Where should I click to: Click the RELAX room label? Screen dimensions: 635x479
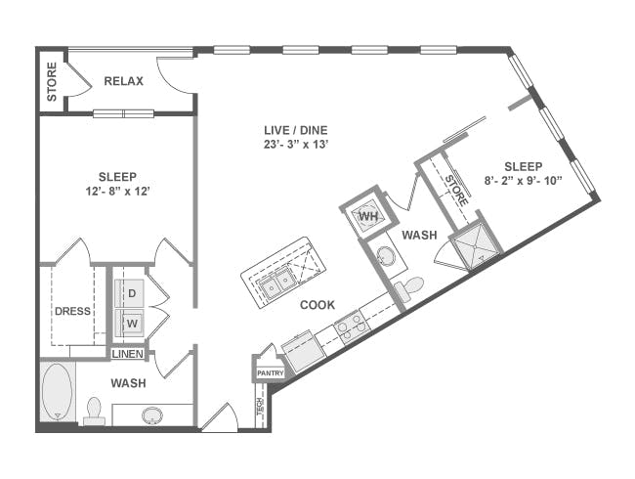coord(123,81)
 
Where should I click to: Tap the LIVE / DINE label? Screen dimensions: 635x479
coord(296,130)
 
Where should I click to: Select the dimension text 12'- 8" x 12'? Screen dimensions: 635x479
coord(118,192)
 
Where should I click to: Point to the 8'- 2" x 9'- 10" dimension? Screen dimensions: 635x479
coord(524,181)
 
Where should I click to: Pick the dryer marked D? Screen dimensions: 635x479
coord(129,293)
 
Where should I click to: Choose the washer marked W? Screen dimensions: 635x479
coord(130,323)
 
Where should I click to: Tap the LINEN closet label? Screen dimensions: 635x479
coord(128,354)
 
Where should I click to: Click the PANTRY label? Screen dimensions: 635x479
coord(270,373)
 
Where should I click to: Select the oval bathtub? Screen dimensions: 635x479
coord(57,391)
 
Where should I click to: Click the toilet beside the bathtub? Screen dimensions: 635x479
coord(94,411)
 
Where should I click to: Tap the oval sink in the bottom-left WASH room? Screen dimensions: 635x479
coord(152,415)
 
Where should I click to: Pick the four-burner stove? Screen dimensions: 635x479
coord(350,327)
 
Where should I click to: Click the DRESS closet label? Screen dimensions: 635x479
coord(72,311)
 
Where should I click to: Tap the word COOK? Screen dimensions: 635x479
coord(317,305)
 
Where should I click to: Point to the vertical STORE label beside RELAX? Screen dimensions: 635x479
coord(52,81)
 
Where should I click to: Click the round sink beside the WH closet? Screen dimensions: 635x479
coord(384,256)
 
